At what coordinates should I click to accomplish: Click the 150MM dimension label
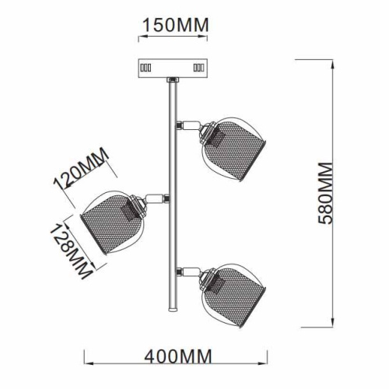click(x=176, y=25)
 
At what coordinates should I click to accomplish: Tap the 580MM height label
click(x=325, y=193)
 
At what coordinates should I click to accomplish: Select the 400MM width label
click(x=178, y=356)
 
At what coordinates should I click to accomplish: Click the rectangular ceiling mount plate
click(x=173, y=68)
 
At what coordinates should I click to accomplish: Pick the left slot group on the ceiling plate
click(x=145, y=68)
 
